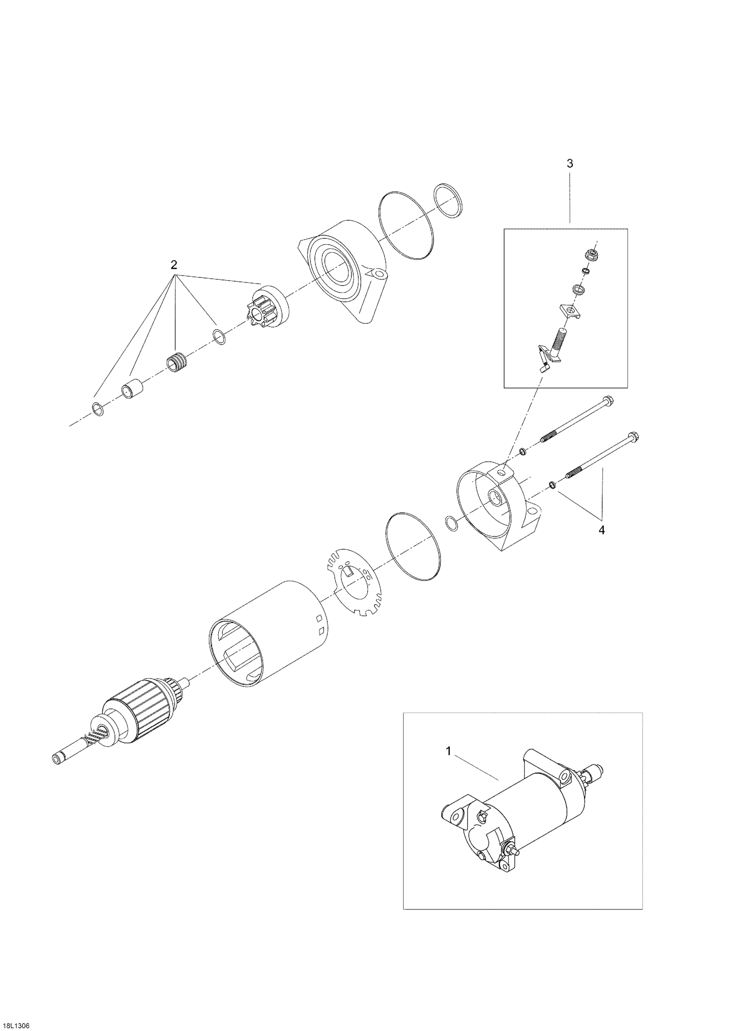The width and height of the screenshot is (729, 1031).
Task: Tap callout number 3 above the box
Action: (x=570, y=164)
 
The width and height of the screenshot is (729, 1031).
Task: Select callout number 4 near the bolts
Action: (x=601, y=530)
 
